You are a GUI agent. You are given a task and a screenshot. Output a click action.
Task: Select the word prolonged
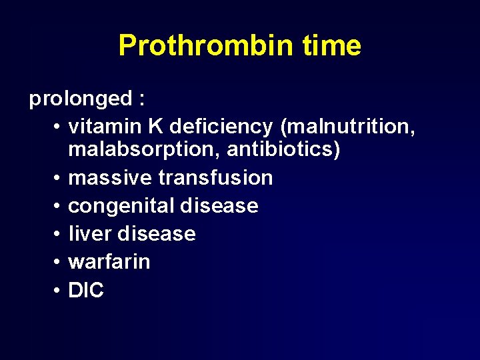(81, 99)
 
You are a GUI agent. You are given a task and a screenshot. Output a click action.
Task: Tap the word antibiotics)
(283, 150)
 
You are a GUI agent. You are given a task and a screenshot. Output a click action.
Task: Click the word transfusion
(216, 178)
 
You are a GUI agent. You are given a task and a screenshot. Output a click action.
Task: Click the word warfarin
(109, 262)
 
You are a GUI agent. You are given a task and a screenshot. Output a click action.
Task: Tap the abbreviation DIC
(86, 290)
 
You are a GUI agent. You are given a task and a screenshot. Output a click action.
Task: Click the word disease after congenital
(219, 206)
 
